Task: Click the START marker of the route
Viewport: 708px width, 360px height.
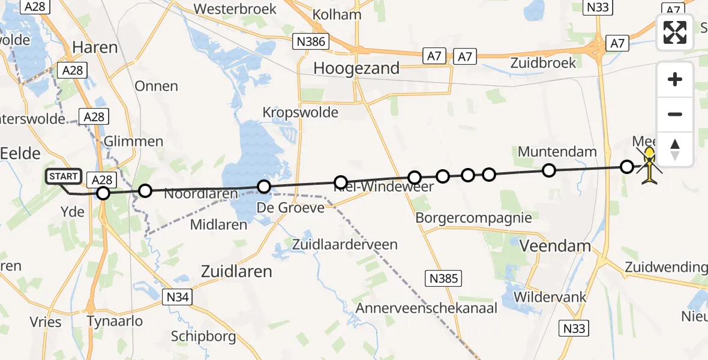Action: point(63,176)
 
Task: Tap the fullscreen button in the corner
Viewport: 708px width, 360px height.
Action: point(675,32)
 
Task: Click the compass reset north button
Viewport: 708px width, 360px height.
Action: point(675,149)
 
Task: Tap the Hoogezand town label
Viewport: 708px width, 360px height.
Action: point(356,68)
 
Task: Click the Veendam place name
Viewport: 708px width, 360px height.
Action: point(556,246)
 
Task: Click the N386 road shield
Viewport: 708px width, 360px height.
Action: point(311,41)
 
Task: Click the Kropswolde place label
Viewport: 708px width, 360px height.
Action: point(301,112)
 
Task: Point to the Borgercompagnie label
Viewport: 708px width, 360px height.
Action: point(473,218)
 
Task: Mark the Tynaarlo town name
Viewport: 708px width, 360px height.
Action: point(115,321)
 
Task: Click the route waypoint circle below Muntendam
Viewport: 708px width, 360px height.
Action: point(548,170)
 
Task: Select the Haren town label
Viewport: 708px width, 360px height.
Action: point(95,47)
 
